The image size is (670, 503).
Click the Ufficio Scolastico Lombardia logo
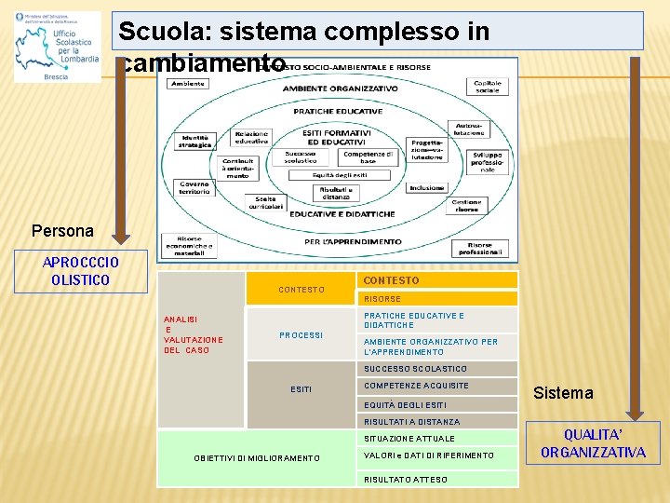pos(58,47)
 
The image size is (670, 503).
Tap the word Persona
pos(62,230)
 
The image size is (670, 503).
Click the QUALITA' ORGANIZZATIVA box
pos(593,443)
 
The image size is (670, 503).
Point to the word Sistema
pos(563,393)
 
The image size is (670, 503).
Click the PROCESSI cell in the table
pos(301,335)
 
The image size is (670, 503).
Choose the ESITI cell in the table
pos(301,389)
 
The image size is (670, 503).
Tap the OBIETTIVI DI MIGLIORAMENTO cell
pos(257,458)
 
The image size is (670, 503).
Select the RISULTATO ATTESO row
pos(436,479)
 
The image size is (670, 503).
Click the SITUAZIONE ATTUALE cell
pos(436,439)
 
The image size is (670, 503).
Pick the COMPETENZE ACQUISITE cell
pos(436,386)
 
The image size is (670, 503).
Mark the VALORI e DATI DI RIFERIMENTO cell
pos(436,455)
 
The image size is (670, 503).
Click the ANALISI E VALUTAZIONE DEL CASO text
pos(187,334)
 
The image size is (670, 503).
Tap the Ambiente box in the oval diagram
pos(187,84)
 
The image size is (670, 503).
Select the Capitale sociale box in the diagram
pos(488,87)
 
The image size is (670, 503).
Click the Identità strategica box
pos(195,142)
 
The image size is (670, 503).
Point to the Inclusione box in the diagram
pos(426,188)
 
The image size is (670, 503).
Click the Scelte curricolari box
pos(265,203)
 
